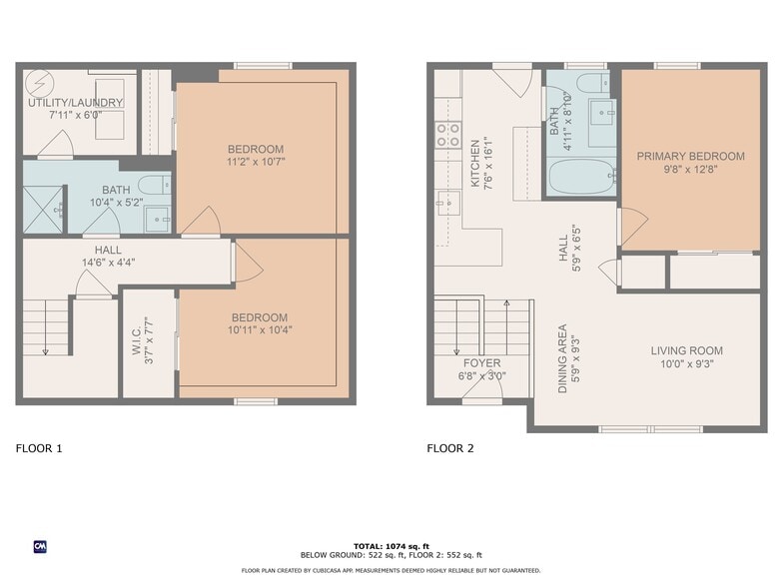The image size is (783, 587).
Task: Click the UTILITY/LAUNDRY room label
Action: (75, 103)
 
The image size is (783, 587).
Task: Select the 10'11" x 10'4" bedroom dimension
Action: (259, 329)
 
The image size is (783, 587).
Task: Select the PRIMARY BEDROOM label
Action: (690, 157)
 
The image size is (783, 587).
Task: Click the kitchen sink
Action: (446, 204)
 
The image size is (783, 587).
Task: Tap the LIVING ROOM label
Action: (686, 350)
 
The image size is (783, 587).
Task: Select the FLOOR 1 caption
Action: (39, 448)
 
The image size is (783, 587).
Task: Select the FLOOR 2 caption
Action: (450, 448)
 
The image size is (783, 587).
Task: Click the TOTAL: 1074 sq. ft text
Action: (391, 545)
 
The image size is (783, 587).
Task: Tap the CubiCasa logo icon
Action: (41, 546)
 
